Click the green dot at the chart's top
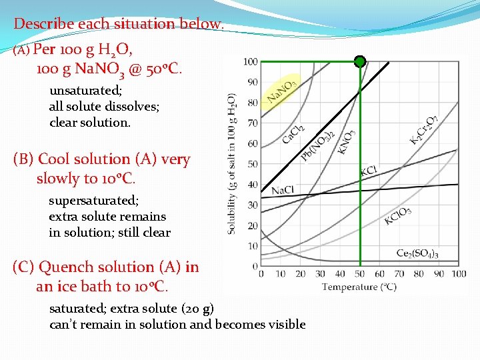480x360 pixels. (x=360, y=62)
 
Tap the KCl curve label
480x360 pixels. (x=369, y=171)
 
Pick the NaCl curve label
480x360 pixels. (x=283, y=190)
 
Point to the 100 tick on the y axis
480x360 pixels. (x=250, y=62)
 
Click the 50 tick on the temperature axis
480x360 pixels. (x=360, y=274)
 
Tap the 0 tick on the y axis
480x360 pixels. (x=254, y=267)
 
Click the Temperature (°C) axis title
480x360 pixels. (x=359, y=287)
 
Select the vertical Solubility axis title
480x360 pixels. (x=232, y=163)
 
